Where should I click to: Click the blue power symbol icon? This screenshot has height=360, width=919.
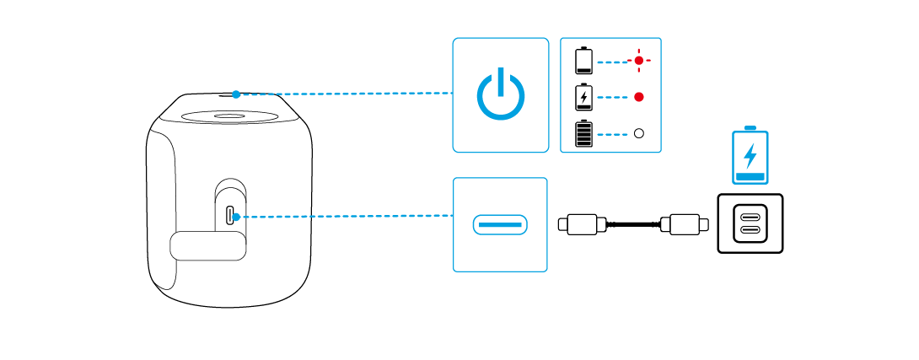pyautogui.click(x=500, y=94)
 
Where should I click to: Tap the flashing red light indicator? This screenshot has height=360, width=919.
pyautogui.click(x=639, y=62)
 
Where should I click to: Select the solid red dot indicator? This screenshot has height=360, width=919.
pyautogui.click(x=639, y=97)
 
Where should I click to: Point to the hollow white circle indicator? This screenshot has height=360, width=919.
pyautogui.click(x=639, y=133)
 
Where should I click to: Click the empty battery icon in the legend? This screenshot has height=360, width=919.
pyautogui.click(x=583, y=61)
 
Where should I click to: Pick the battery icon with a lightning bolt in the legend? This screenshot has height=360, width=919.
pyautogui.click(x=583, y=97)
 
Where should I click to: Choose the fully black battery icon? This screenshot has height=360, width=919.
pyautogui.click(x=583, y=133)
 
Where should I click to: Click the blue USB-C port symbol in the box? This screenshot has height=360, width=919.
pyautogui.click(x=500, y=225)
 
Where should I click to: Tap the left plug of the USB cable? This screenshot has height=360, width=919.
pyautogui.click(x=582, y=224)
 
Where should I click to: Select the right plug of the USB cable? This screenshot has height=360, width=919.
pyautogui.click(x=682, y=224)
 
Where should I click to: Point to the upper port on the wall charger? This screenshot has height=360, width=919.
pyautogui.click(x=749, y=216)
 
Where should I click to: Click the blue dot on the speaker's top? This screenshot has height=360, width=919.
pyautogui.click(x=237, y=94)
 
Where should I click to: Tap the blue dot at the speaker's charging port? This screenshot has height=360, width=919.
pyautogui.click(x=236, y=217)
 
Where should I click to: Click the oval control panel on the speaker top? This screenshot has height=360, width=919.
pyautogui.click(x=230, y=116)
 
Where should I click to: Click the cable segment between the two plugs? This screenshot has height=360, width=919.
pyautogui.click(x=632, y=224)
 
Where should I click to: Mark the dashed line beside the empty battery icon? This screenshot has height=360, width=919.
pyautogui.click(x=614, y=62)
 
